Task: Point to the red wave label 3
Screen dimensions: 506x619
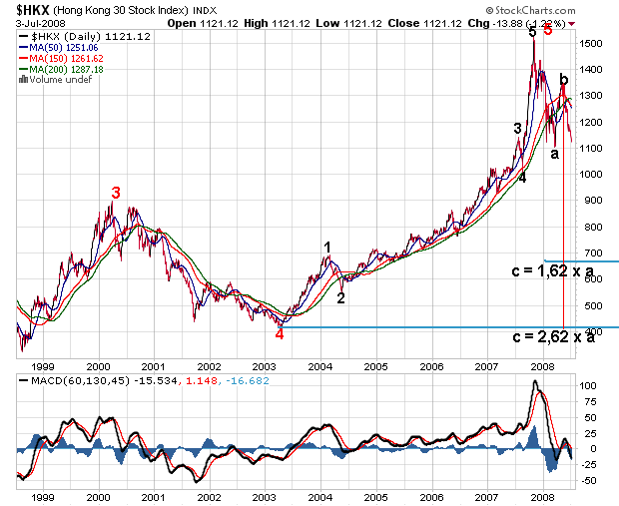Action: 116,193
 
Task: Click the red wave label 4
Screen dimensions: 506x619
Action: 280,334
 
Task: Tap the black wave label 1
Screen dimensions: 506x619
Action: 326,247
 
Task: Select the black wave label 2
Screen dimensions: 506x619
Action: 340,297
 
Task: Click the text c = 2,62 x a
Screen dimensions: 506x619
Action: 554,337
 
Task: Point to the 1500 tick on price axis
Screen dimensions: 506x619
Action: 594,44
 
